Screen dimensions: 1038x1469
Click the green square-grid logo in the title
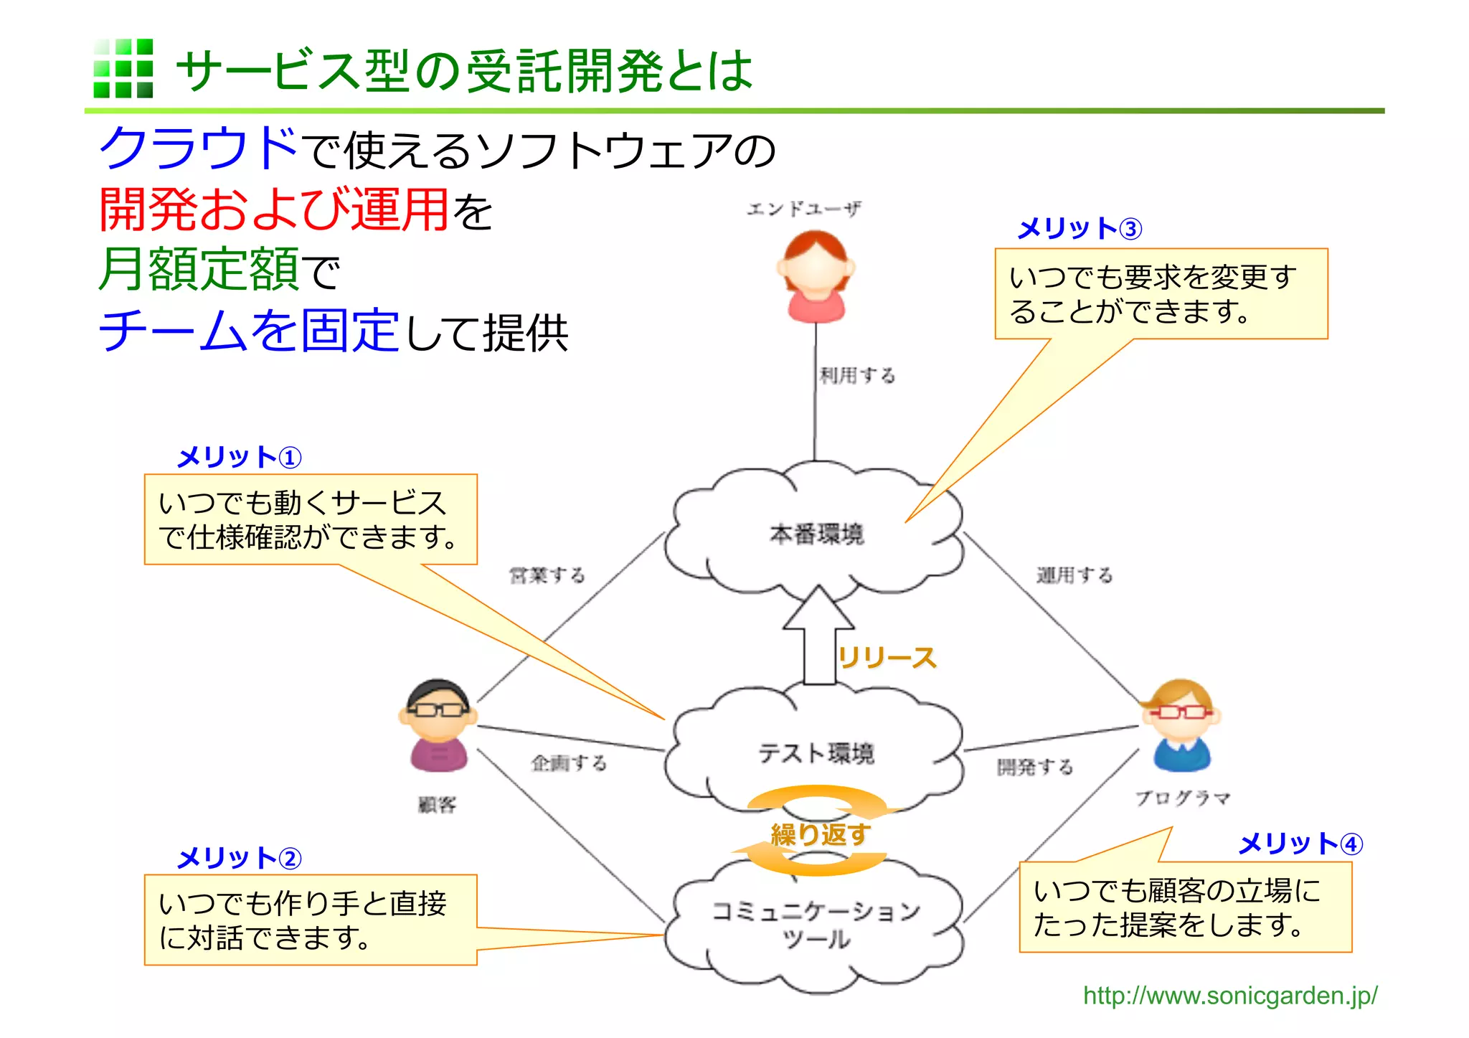click(x=123, y=68)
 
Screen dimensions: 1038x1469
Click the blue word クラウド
click(x=198, y=148)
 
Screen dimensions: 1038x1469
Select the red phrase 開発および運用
click(x=273, y=209)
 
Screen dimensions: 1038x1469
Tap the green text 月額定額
click(x=199, y=269)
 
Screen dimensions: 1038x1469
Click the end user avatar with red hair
click(x=816, y=277)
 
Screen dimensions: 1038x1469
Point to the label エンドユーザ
click(x=803, y=209)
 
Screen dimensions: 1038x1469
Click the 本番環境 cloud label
click(x=816, y=534)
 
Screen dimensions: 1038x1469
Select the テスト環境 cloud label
click(x=816, y=753)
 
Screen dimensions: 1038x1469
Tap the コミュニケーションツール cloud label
click(x=816, y=924)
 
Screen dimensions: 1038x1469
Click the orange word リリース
click(x=887, y=657)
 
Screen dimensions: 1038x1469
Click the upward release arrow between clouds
click(x=818, y=635)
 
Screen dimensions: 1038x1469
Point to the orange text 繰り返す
click(x=820, y=834)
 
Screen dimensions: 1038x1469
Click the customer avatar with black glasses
click(x=438, y=725)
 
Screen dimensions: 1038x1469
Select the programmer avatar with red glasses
click(x=1181, y=725)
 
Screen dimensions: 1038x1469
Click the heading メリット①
click(x=239, y=457)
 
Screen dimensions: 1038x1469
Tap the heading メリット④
click(x=1300, y=844)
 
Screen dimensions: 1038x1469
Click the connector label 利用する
click(x=858, y=375)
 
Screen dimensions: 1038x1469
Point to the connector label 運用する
click(x=1074, y=575)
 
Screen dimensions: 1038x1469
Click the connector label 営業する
click(x=547, y=575)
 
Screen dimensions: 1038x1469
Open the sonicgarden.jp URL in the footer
click(x=1229, y=996)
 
